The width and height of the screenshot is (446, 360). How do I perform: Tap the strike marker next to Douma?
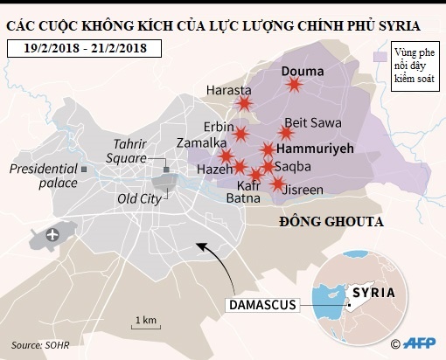pyautogui.click(x=295, y=84)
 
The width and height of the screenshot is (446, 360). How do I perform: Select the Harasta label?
pyautogui.click(x=227, y=89)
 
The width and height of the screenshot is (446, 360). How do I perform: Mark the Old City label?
pyautogui.click(x=138, y=198)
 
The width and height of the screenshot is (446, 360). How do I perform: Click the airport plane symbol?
pyautogui.click(x=53, y=235)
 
